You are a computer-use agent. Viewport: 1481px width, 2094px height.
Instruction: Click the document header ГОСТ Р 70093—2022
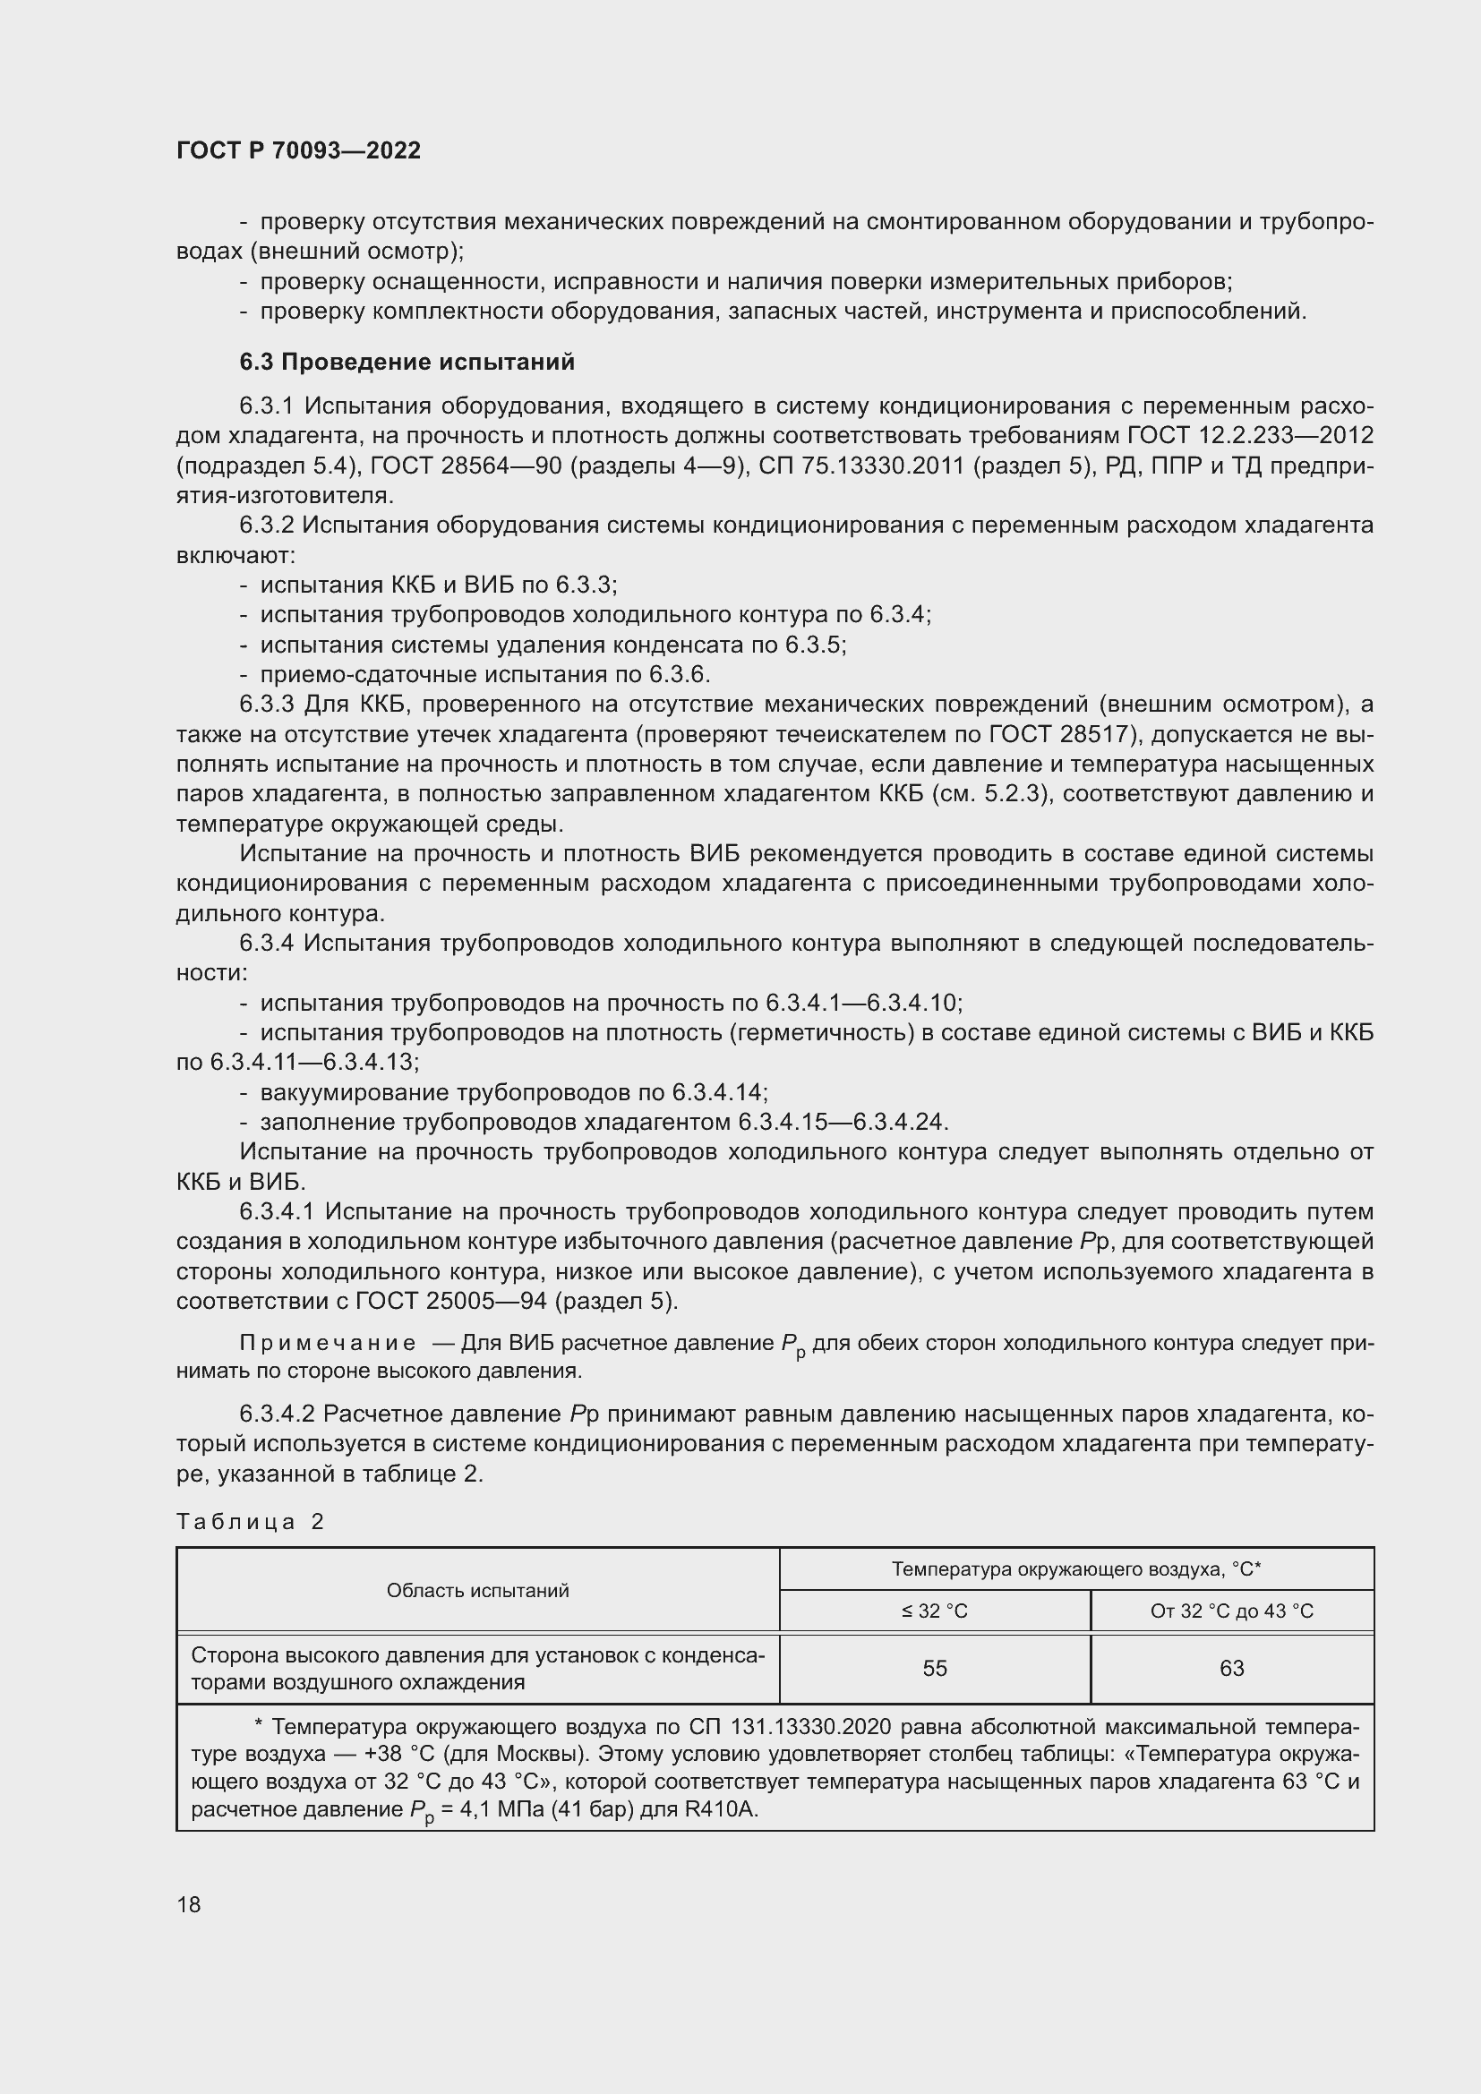click(x=298, y=150)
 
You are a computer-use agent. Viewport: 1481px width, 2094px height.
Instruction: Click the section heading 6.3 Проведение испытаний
click(x=407, y=362)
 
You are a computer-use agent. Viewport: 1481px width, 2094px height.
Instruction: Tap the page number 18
click(x=189, y=1904)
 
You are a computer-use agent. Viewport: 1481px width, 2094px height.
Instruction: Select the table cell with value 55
click(x=935, y=1668)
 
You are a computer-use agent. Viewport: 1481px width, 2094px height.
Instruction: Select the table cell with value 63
click(x=1231, y=1668)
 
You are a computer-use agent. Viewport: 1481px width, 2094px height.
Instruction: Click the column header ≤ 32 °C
click(x=935, y=1611)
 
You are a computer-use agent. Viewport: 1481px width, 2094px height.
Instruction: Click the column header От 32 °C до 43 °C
click(x=1231, y=1611)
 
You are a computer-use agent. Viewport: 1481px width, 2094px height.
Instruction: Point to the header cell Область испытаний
click(x=478, y=1591)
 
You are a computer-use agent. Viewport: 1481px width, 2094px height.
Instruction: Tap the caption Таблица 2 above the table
click(x=250, y=1521)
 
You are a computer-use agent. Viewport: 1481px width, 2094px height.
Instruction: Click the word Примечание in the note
click(x=328, y=1344)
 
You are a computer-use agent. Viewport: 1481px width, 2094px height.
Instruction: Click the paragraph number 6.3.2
click(x=266, y=526)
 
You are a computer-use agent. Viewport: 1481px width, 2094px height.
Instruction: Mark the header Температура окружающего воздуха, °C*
click(x=1076, y=1568)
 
